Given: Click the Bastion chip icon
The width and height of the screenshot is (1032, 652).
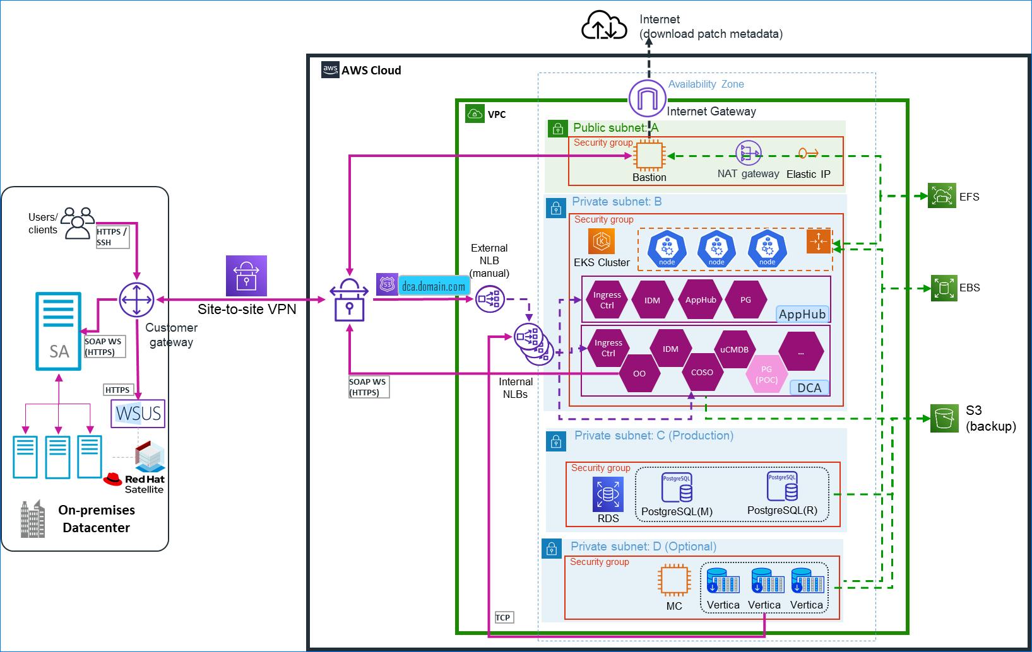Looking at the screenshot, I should pyautogui.click(x=649, y=156).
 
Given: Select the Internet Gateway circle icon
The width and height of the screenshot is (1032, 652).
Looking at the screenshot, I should pyautogui.click(x=647, y=100).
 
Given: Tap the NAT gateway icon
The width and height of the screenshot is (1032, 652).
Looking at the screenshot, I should pyautogui.click(x=749, y=153).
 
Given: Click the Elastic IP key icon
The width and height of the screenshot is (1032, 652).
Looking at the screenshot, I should pyautogui.click(x=808, y=153).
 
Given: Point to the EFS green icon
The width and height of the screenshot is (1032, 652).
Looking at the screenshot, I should pyautogui.click(x=942, y=196).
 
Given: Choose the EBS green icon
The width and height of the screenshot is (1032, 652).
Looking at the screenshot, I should pyautogui.click(x=944, y=288).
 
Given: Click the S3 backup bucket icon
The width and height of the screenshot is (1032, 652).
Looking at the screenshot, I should pyautogui.click(x=944, y=419).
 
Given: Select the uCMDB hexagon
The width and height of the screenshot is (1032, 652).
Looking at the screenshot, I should pyautogui.click(x=734, y=349).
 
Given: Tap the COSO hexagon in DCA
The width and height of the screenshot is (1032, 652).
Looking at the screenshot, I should pyautogui.click(x=702, y=373).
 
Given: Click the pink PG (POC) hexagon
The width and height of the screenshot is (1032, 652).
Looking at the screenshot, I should pyautogui.click(x=766, y=374).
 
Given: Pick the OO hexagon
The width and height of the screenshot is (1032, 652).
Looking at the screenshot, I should pyautogui.click(x=639, y=374).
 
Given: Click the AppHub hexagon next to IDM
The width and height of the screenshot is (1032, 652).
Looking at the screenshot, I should pyautogui.click(x=701, y=300).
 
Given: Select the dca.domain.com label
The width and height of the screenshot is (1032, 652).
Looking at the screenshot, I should pyautogui.click(x=433, y=287).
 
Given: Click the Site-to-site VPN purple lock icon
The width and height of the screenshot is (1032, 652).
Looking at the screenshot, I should pyautogui.click(x=246, y=276).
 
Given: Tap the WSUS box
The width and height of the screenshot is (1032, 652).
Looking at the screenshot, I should pyautogui.click(x=138, y=414).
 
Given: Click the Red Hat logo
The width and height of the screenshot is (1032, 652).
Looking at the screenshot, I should pyautogui.click(x=113, y=479).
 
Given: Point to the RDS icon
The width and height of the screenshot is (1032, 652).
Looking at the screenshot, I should pyautogui.click(x=608, y=494).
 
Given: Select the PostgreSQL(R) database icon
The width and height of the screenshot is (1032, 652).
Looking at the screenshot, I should pyautogui.click(x=782, y=487).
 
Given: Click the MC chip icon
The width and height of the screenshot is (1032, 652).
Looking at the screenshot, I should pyautogui.click(x=673, y=580).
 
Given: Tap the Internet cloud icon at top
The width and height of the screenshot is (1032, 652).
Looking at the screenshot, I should pyautogui.click(x=604, y=27).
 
